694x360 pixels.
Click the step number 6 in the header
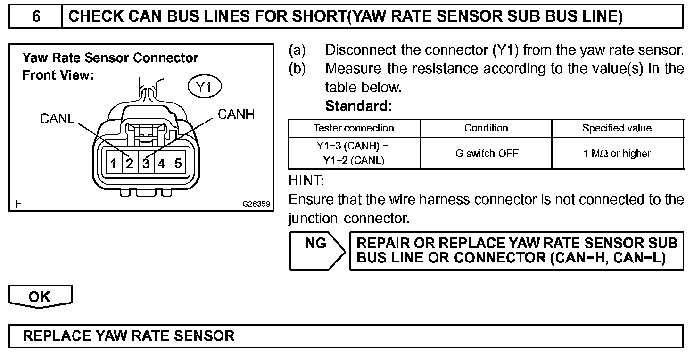click(x=36, y=17)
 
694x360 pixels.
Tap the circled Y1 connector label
click(x=205, y=87)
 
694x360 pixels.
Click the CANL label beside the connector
click(x=57, y=119)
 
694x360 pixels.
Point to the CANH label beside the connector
click(x=236, y=114)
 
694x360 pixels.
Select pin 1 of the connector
click(x=114, y=164)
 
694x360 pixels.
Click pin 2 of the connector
click(x=129, y=164)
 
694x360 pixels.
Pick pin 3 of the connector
click(x=146, y=164)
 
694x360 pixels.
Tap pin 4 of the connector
click(x=162, y=164)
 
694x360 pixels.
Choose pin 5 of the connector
click(x=178, y=164)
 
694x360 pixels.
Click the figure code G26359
click(x=256, y=205)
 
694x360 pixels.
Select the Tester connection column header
click(x=354, y=128)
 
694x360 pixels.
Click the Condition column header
click(x=486, y=128)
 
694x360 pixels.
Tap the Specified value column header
click(x=617, y=128)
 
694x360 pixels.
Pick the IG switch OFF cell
click(x=486, y=154)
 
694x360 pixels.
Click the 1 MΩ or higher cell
click(x=617, y=154)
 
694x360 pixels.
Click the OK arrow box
click(x=40, y=296)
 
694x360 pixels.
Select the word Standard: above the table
click(x=358, y=106)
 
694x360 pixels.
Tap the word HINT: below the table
click(x=306, y=180)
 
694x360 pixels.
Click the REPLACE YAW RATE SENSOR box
click(x=346, y=336)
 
